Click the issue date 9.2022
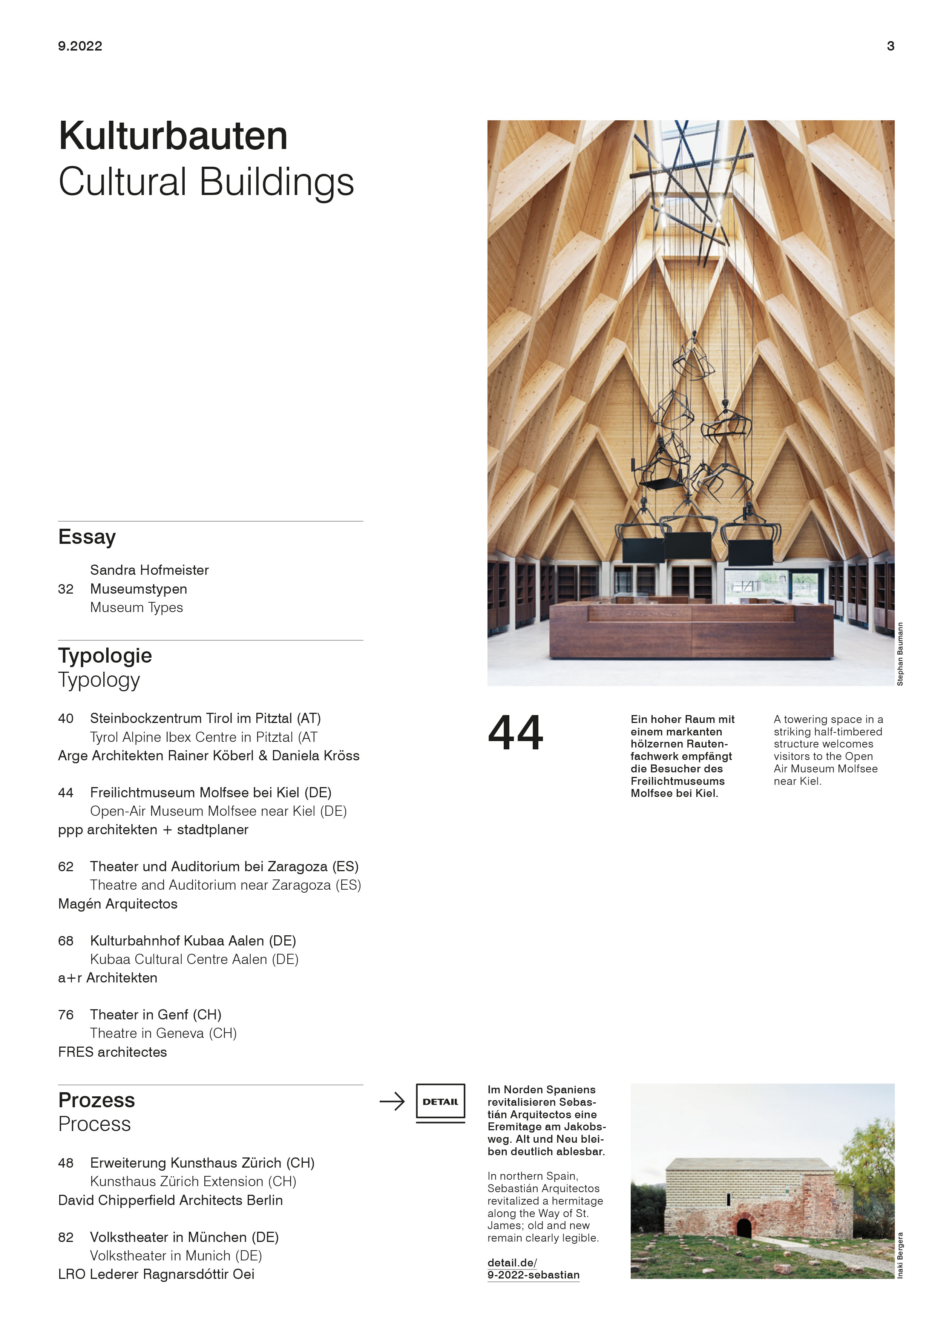click(x=80, y=46)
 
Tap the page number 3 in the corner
click(x=890, y=46)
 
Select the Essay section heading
click(x=87, y=537)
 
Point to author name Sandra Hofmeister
click(x=149, y=570)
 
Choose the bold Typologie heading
click(x=105, y=656)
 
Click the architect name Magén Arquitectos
click(x=118, y=904)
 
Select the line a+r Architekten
click(x=108, y=978)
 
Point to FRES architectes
click(x=112, y=1051)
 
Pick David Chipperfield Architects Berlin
click(x=170, y=1200)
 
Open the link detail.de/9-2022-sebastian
click(x=533, y=1269)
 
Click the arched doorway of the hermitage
click(x=744, y=1227)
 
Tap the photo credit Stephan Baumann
click(x=900, y=654)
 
